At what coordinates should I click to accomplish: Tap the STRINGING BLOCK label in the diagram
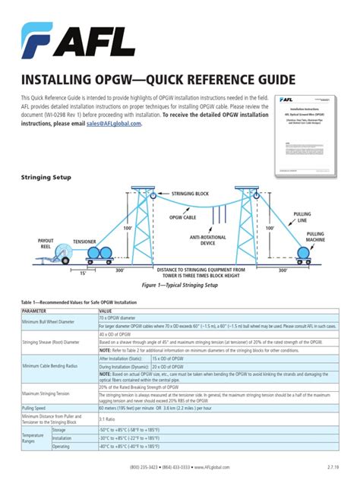pyautogui.click(x=190, y=194)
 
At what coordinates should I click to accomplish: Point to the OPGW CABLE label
pyautogui.click(x=179, y=217)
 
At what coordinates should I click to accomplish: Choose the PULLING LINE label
pyautogui.click(x=302, y=217)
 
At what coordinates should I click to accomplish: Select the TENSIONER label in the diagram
pyautogui.click(x=84, y=242)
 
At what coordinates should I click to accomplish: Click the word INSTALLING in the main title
pyautogui.click(x=60, y=80)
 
